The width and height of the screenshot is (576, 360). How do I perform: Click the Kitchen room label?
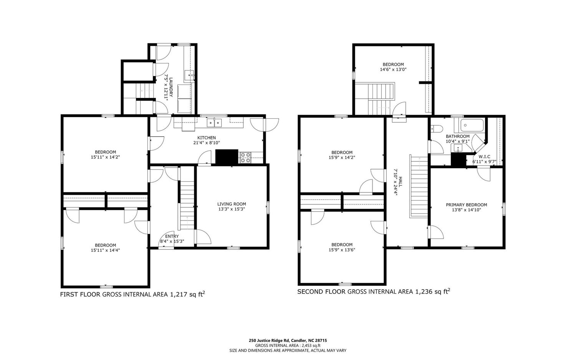[x=206, y=138]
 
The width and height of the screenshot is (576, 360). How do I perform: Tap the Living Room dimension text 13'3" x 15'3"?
[x=231, y=209]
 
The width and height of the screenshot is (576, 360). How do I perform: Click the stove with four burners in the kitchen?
[x=245, y=157]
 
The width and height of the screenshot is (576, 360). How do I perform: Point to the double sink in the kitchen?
[x=214, y=123]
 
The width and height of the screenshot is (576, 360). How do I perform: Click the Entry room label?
[x=172, y=236]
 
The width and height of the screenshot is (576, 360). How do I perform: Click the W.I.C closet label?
[x=484, y=157]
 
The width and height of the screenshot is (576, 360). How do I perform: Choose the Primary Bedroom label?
[x=466, y=205]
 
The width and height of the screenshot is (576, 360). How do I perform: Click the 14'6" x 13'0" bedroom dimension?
[x=393, y=70]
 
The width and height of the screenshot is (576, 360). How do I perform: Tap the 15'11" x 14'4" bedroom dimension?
[x=105, y=251]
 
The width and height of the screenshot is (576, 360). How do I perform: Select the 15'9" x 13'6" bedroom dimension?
[x=342, y=250]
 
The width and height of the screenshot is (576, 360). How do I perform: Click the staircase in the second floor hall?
[x=419, y=186]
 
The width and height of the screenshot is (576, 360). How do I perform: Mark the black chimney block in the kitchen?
[x=227, y=157]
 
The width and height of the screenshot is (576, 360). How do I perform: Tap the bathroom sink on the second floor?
[x=458, y=148]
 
